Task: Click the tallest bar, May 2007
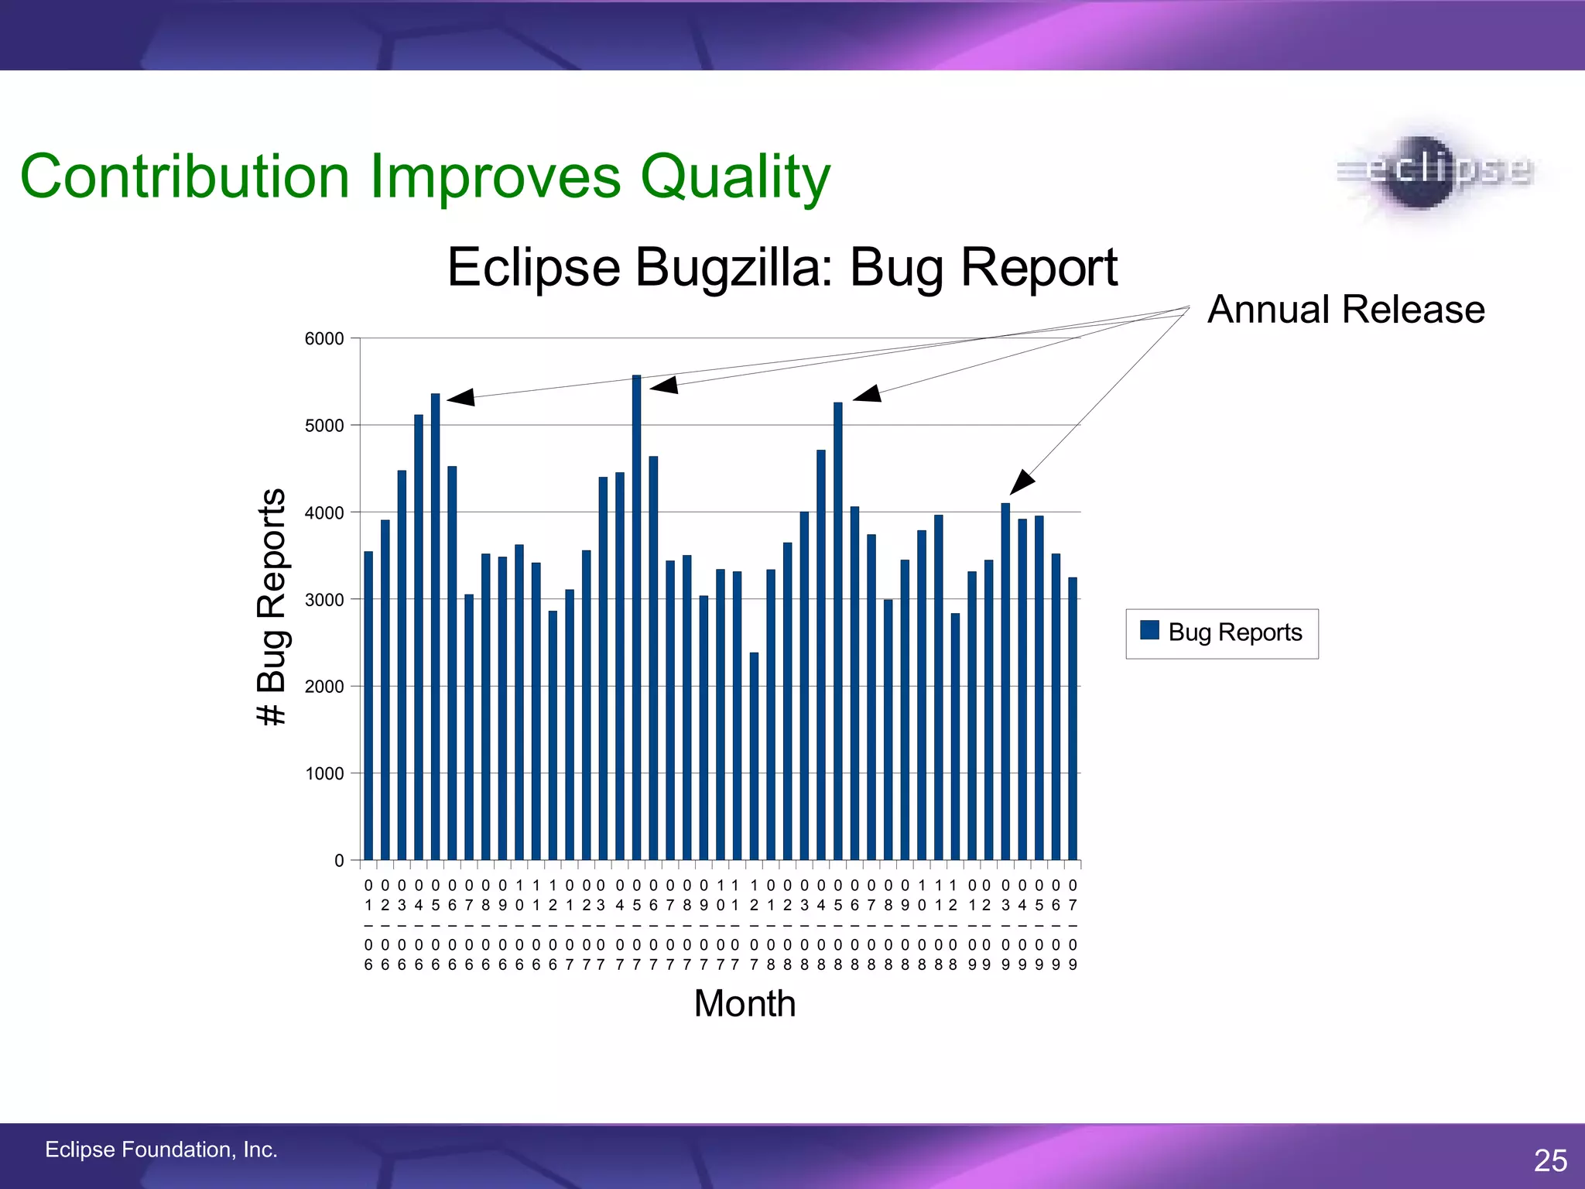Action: click(636, 619)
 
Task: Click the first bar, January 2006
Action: click(368, 705)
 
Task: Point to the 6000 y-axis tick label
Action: click(324, 339)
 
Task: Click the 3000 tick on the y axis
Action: click(324, 600)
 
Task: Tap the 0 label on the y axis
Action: click(339, 861)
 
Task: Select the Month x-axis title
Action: click(745, 1004)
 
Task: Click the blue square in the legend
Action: click(1149, 630)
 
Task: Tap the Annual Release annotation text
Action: click(1346, 310)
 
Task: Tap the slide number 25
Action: click(1550, 1160)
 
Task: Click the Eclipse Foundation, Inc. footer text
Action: click(161, 1150)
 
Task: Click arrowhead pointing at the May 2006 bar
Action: click(461, 398)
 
